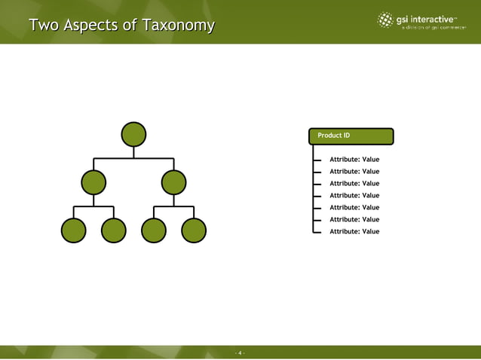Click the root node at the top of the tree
point(133,134)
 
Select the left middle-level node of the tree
point(93,182)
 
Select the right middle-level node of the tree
point(173,182)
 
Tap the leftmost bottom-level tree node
point(73,230)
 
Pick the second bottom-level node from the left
point(113,230)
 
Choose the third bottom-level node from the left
point(154,230)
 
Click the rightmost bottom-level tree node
point(194,230)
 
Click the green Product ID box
point(351,136)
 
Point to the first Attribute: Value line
point(354,160)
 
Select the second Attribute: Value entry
point(354,172)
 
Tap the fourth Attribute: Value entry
point(354,196)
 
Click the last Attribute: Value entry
point(354,232)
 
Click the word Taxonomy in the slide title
point(177,26)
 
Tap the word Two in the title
point(44,26)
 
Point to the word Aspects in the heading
point(91,26)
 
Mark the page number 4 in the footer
point(240,352)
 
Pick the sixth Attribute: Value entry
point(354,220)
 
